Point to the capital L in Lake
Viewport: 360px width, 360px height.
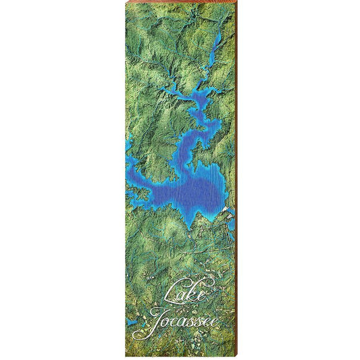point(170,292)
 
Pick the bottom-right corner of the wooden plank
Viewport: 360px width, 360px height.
point(236,356)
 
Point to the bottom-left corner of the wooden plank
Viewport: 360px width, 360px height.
point(126,356)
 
